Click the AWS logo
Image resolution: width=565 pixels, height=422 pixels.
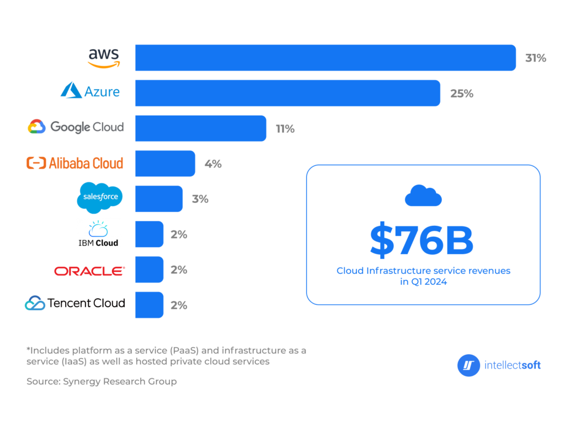click(x=104, y=58)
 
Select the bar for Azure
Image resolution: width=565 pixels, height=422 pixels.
click(x=287, y=93)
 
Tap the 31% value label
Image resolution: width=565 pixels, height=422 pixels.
click(x=535, y=58)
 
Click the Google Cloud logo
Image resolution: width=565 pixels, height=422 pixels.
click(x=76, y=127)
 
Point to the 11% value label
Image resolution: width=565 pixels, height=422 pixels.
click(x=285, y=129)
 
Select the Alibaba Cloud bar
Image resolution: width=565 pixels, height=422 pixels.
click(x=165, y=164)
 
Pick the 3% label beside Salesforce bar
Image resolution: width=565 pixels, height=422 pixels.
click(x=200, y=199)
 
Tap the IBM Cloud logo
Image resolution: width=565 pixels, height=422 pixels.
click(x=98, y=234)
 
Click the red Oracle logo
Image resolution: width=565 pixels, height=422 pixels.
click(x=89, y=271)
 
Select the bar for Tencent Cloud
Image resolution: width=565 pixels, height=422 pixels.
click(x=149, y=305)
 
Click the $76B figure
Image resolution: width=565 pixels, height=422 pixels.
click(x=422, y=241)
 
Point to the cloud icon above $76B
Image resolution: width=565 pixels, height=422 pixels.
click(x=423, y=196)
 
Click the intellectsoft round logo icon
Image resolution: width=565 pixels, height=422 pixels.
click(x=468, y=365)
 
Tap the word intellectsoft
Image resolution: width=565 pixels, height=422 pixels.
click(x=512, y=365)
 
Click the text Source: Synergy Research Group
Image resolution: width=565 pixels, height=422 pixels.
click(x=102, y=381)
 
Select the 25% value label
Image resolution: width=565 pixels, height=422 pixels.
click(x=462, y=94)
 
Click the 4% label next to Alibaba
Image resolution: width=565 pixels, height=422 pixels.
click(x=213, y=164)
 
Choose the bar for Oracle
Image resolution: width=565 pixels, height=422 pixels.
click(x=149, y=269)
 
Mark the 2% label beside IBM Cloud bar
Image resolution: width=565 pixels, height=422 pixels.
click(x=179, y=234)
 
